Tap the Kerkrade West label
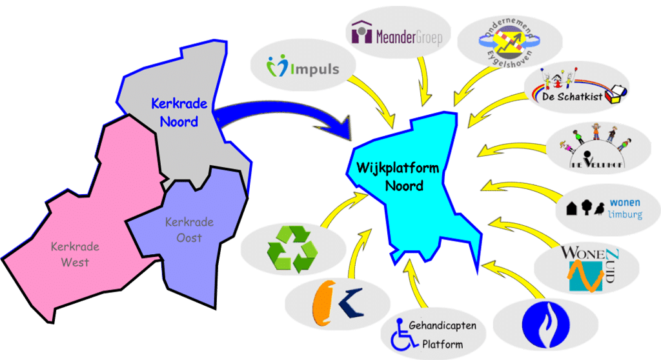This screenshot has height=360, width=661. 70,254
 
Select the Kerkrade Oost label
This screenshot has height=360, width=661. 188,230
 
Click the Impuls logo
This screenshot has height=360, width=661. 303,67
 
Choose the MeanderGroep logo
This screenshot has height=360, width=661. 396,35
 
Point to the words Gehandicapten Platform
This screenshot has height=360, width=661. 445,334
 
